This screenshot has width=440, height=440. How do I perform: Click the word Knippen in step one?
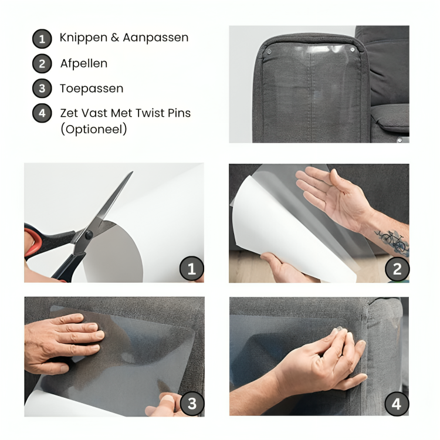tap(84, 38)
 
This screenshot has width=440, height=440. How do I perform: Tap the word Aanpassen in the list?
tap(155, 38)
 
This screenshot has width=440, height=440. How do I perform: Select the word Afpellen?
tap(84, 63)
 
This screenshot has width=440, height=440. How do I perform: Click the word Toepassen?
tap(92, 89)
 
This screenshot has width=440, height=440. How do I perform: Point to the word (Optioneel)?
tap(94, 130)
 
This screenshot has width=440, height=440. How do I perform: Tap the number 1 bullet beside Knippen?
tap(42, 39)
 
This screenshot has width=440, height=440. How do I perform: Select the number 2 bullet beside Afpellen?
tap(42, 64)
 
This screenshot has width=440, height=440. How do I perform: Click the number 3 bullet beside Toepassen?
tap(42, 89)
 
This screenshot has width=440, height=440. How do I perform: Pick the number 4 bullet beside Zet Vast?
tap(42, 113)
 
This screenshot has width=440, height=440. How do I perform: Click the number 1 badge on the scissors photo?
tap(192, 269)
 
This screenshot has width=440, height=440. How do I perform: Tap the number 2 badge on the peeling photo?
tap(397, 269)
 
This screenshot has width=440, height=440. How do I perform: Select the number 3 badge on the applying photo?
tap(192, 404)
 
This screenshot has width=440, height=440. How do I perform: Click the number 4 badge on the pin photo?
tap(397, 404)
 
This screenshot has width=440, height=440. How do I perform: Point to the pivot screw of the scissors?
tap(89, 235)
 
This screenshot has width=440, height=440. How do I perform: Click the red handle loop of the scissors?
tap(32, 242)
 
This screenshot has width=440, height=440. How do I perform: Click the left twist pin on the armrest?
tap(269, 52)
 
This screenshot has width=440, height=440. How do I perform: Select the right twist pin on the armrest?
tap(353, 50)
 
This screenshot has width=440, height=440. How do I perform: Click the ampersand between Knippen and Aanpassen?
tap(115, 38)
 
